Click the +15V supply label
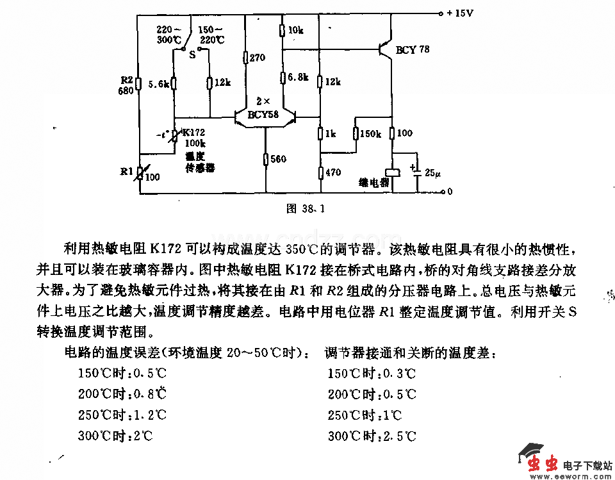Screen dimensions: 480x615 pyautogui.click(x=459, y=13)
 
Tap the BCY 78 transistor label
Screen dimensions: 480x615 pyautogui.click(x=413, y=49)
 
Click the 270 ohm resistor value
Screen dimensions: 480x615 pyautogui.click(x=257, y=58)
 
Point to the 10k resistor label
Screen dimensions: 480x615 pyautogui.click(x=295, y=30)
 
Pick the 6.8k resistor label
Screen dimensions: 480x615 pyautogui.click(x=298, y=78)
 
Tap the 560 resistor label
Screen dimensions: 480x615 pyautogui.click(x=278, y=159)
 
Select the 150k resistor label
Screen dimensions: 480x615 pyautogui.click(x=370, y=134)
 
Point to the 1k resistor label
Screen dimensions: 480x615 pyautogui.click(x=331, y=134)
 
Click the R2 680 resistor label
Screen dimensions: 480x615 pyautogui.click(x=126, y=85)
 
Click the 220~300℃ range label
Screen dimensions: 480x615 pyautogui.click(x=170, y=34)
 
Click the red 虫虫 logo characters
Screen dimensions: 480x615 pyautogui.click(x=541, y=463)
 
